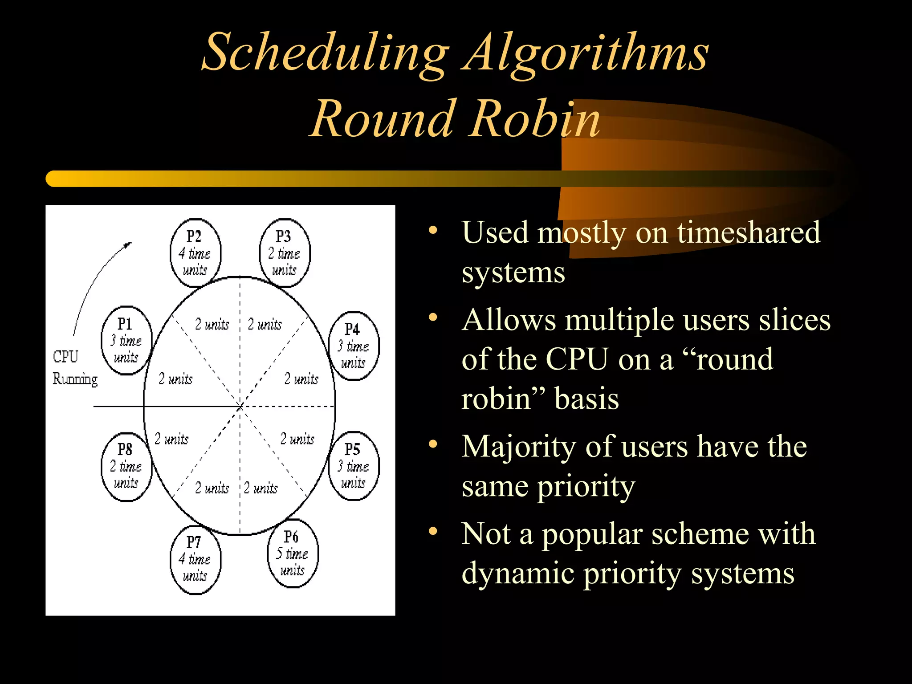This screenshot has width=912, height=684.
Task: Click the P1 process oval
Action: pyautogui.click(x=126, y=341)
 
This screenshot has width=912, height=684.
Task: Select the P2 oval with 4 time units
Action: pyautogui.click(x=195, y=253)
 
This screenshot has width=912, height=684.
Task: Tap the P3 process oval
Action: pyautogui.click(x=285, y=253)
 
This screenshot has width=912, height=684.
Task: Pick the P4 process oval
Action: pyautogui.click(x=354, y=346)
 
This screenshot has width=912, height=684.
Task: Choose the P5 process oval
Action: pyautogui.click(x=354, y=466)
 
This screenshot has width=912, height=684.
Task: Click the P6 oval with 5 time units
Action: pyautogui.click(x=293, y=553)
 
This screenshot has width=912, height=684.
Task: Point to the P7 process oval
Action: pyautogui.click(x=195, y=559)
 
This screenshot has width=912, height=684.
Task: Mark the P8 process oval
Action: pyautogui.click(x=126, y=466)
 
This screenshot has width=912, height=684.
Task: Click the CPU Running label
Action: pyautogui.click(x=74, y=368)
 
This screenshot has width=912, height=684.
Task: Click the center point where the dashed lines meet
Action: pyautogui.click(x=240, y=406)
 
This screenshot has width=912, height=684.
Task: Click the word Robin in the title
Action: pyautogui.click(x=534, y=119)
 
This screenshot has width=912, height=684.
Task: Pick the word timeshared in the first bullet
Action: pyautogui.click(x=748, y=232)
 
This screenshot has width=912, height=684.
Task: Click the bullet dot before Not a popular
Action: pyautogui.click(x=433, y=531)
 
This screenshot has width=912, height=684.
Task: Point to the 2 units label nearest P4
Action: pyautogui.click(x=301, y=379)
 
